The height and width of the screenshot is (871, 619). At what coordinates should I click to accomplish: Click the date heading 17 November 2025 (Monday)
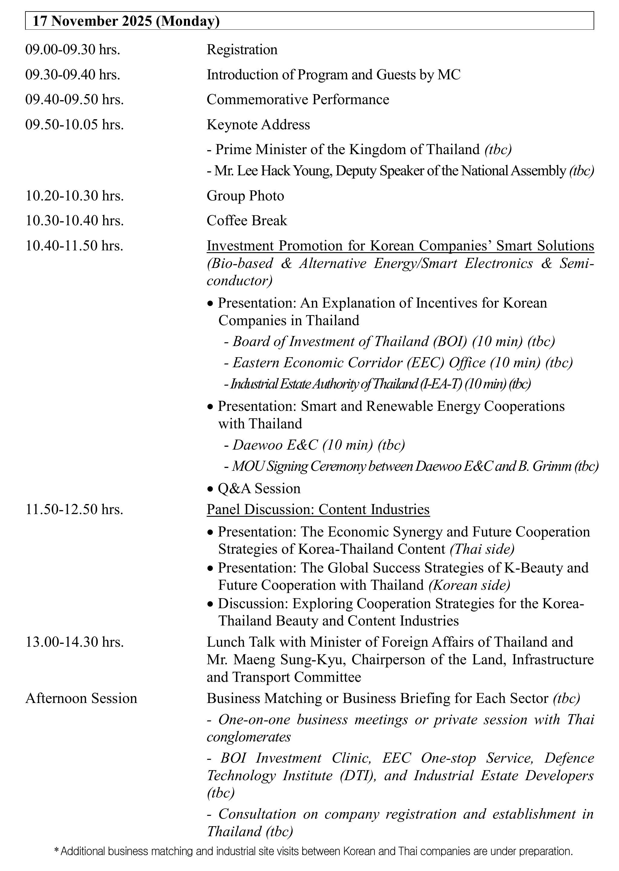point(126,21)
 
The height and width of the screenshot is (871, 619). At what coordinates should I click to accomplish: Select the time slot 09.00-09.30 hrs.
point(72,50)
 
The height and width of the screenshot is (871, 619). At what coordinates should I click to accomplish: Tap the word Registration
point(242,50)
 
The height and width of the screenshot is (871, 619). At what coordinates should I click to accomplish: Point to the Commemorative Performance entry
point(298,100)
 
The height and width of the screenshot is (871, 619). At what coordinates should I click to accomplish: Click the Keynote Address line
point(258,125)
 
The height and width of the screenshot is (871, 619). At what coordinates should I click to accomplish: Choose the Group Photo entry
point(245,196)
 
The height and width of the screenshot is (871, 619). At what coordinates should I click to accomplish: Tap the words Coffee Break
point(247,221)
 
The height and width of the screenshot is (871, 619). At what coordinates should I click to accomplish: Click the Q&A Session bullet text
point(259,489)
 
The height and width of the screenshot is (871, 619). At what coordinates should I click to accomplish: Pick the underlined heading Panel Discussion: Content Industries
point(318,510)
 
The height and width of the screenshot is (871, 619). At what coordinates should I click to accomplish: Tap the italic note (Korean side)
point(469,585)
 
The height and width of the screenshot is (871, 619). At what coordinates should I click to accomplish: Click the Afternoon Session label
point(81,698)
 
